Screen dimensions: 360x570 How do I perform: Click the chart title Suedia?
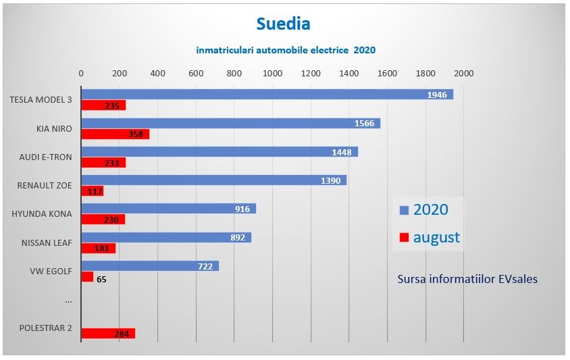(x=284, y=24)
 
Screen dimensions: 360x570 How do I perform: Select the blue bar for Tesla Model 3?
(x=267, y=95)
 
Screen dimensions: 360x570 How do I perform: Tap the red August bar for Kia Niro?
(x=115, y=134)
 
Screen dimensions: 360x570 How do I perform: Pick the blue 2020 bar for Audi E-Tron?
(x=219, y=152)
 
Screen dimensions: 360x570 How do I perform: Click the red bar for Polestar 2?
(x=108, y=333)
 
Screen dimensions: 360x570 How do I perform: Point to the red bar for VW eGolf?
(x=87, y=277)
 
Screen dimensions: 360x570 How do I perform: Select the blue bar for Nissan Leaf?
(x=166, y=237)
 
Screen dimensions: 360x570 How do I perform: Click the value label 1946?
(x=437, y=95)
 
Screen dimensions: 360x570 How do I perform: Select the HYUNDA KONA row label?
(x=42, y=214)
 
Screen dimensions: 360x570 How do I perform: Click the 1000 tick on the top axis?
(x=272, y=73)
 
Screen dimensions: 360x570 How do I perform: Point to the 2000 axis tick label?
(x=463, y=73)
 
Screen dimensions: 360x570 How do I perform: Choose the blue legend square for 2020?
(x=405, y=210)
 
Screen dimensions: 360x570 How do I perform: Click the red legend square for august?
(x=405, y=238)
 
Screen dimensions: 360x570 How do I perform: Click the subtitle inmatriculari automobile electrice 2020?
(x=286, y=50)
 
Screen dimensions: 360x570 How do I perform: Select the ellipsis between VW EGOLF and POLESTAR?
(x=68, y=301)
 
